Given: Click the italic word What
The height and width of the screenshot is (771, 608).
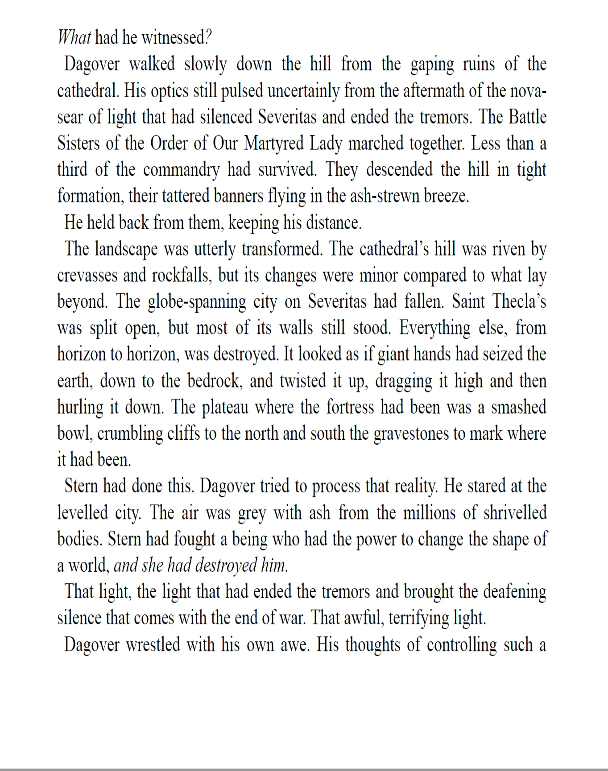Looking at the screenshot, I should [74, 38].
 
